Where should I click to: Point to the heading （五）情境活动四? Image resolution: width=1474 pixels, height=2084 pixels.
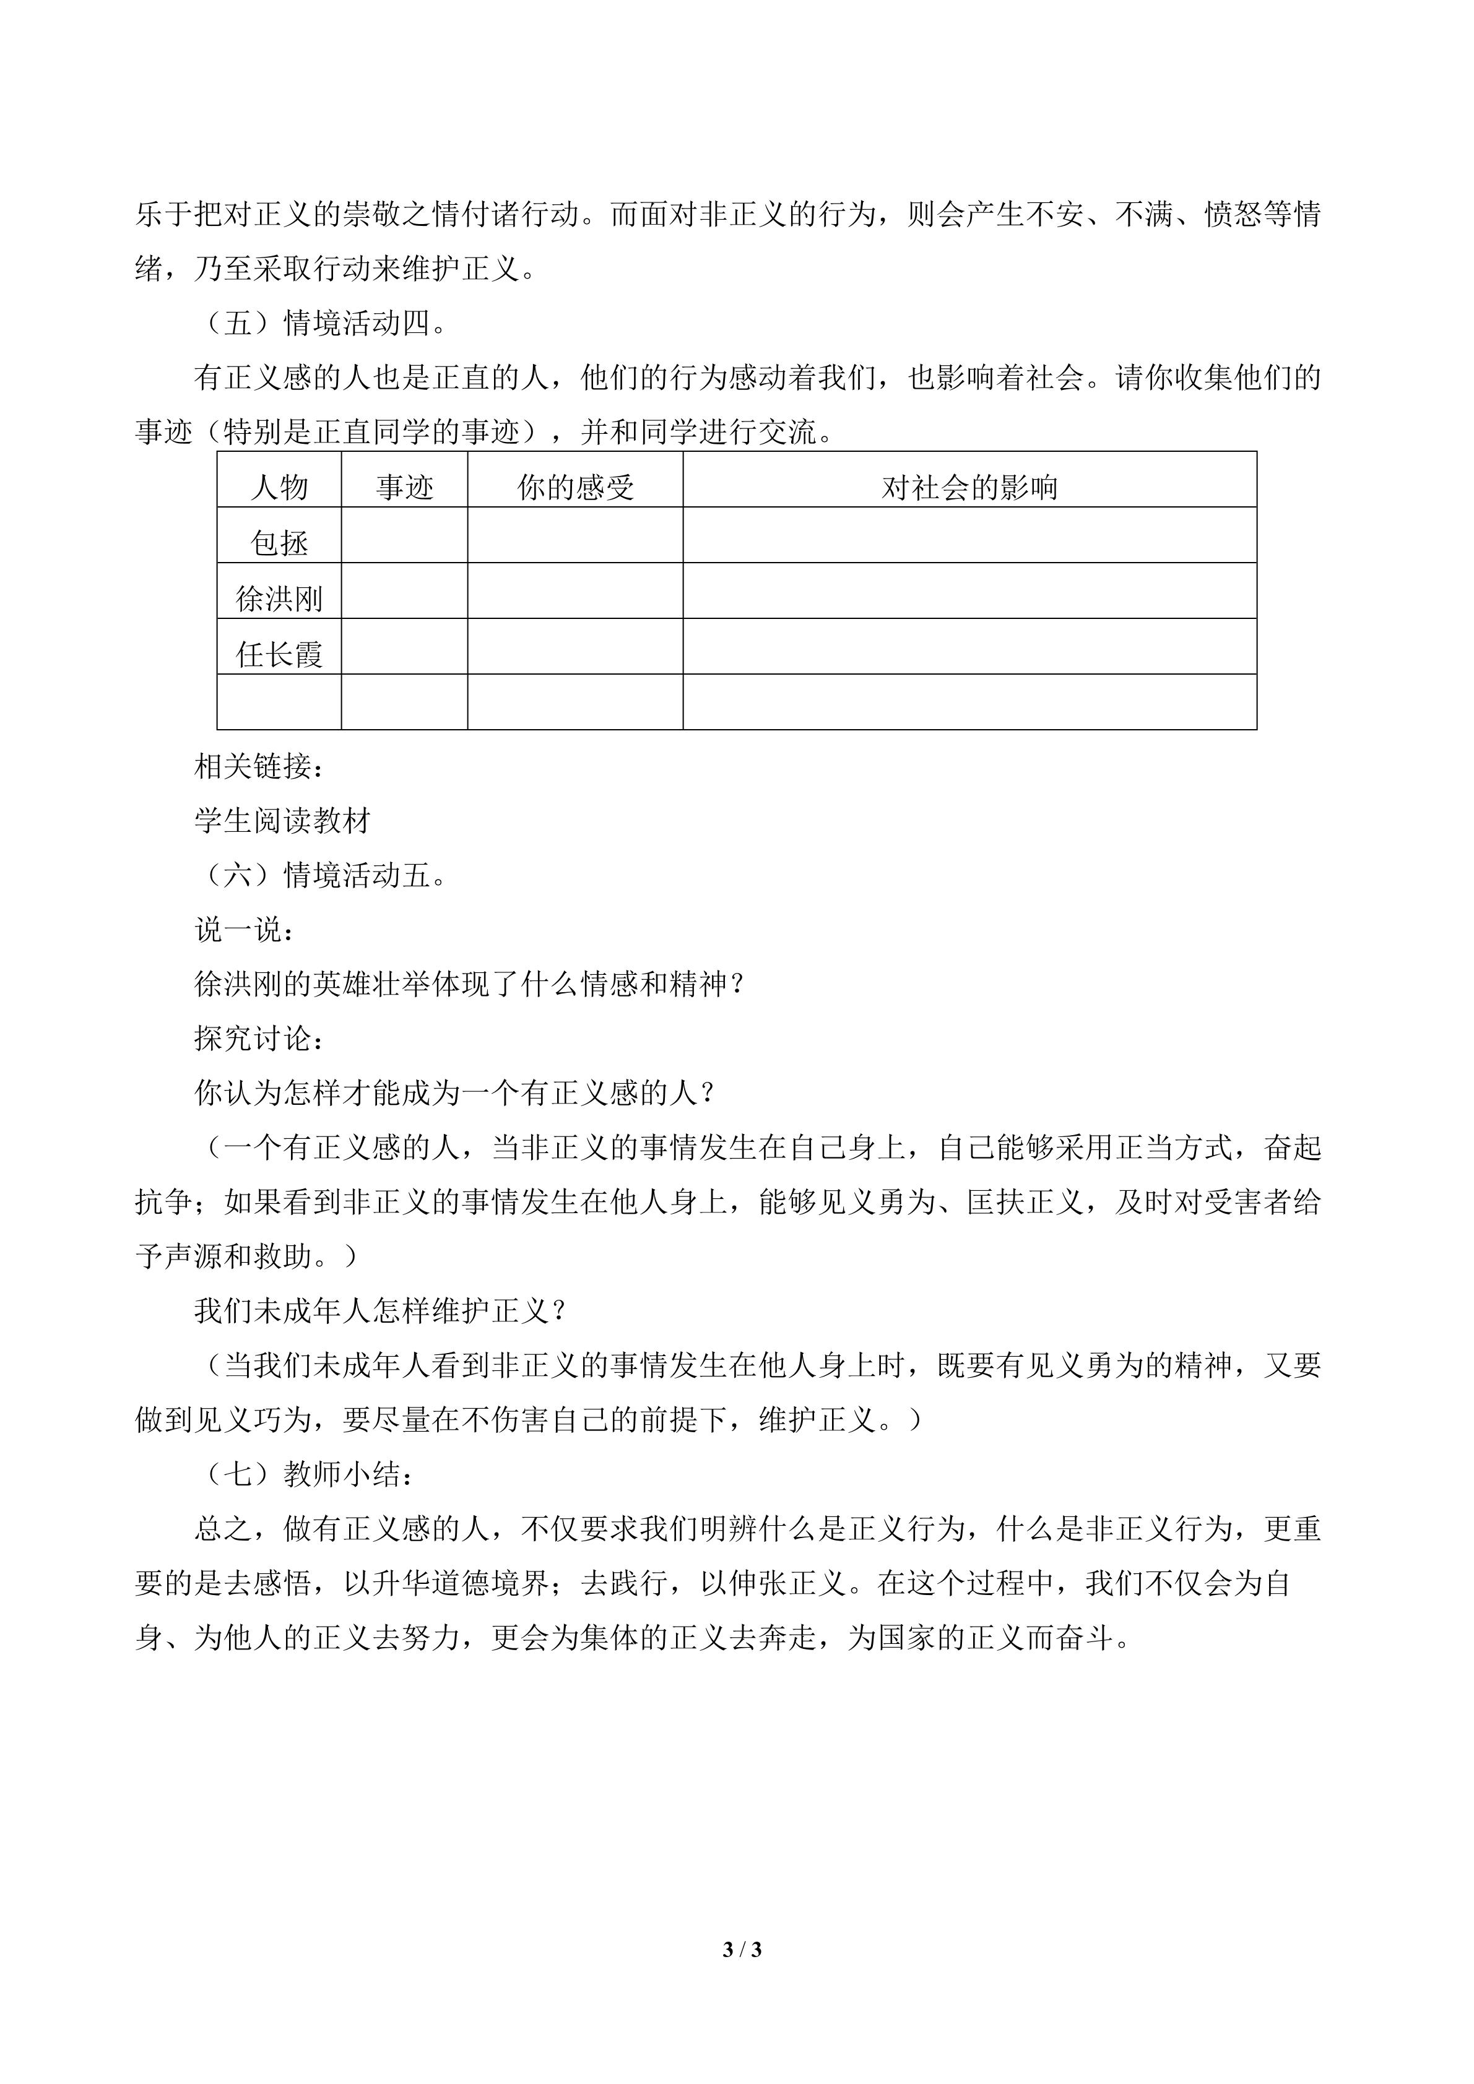(321, 323)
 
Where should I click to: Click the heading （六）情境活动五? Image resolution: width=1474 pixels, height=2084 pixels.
(321, 875)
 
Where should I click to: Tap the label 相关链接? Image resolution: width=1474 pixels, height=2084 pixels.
(259, 766)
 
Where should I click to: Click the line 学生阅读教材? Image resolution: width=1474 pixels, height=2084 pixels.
(282, 821)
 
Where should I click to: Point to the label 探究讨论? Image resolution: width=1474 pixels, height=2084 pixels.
(259, 1039)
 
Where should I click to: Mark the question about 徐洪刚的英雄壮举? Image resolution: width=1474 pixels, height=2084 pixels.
(470, 984)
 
